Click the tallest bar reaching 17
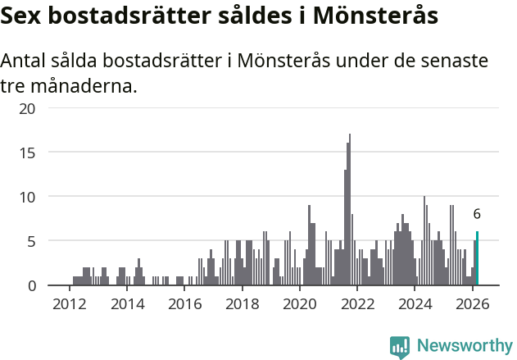(350, 210)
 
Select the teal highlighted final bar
(477, 259)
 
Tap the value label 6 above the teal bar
(477, 214)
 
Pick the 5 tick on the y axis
(31, 241)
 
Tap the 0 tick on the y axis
(31, 285)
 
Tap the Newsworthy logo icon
(400, 347)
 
